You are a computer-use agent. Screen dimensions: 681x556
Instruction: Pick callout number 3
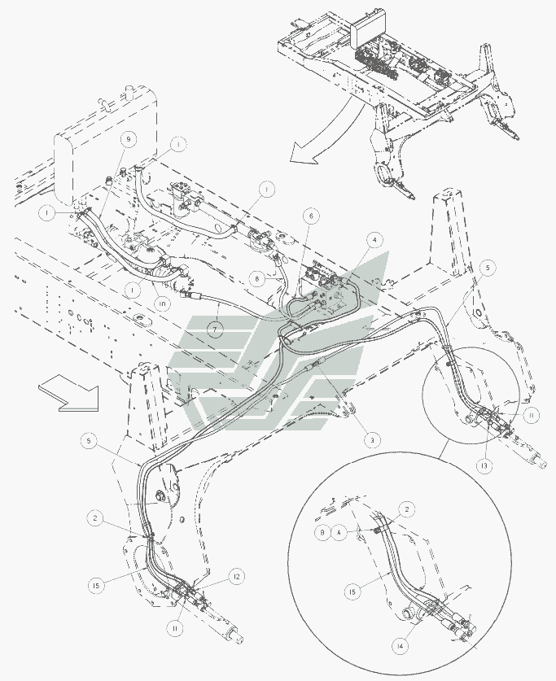click(x=370, y=440)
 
